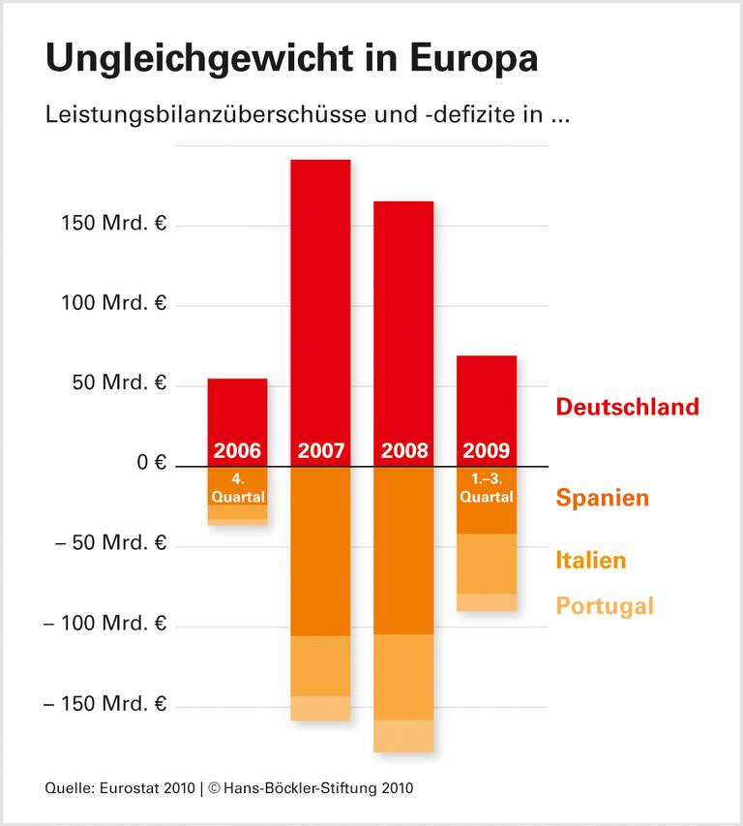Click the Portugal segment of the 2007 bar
tap(320, 708)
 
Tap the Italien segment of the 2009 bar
tap(486, 564)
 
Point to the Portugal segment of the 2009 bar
tap(486, 602)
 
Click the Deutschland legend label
tap(626, 406)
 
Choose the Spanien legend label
tap(602, 499)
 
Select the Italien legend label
tap(590, 560)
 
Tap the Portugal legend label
tap(605, 606)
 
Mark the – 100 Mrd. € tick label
tap(104, 624)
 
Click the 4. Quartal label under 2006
tap(237, 490)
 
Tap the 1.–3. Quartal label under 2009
tap(486, 490)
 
